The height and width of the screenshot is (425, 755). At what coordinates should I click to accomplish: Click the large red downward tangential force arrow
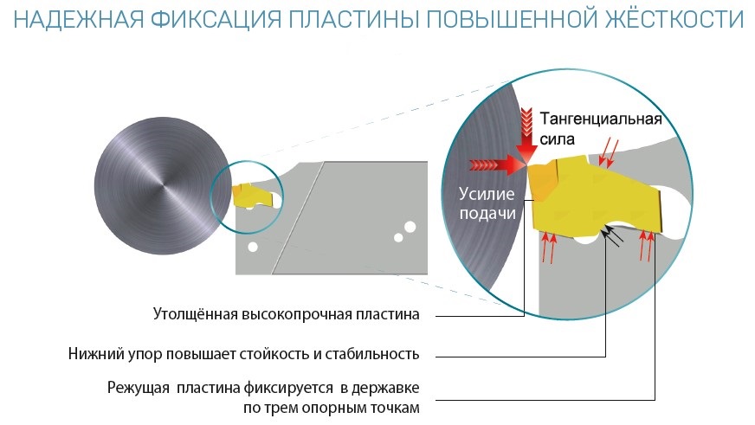click(526, 130)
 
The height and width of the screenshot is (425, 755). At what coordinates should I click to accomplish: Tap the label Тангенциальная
click(600, 119)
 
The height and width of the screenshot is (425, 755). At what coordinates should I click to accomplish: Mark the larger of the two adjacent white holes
click(410, 227)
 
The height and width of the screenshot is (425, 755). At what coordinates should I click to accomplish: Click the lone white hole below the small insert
click(252, 247)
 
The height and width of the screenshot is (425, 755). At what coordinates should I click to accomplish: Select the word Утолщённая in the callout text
click(195, 314)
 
